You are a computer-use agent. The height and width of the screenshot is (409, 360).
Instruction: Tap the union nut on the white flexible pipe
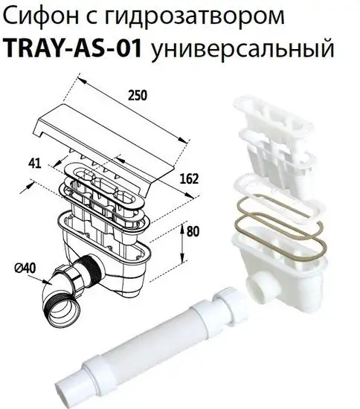[x=228, y=300]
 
